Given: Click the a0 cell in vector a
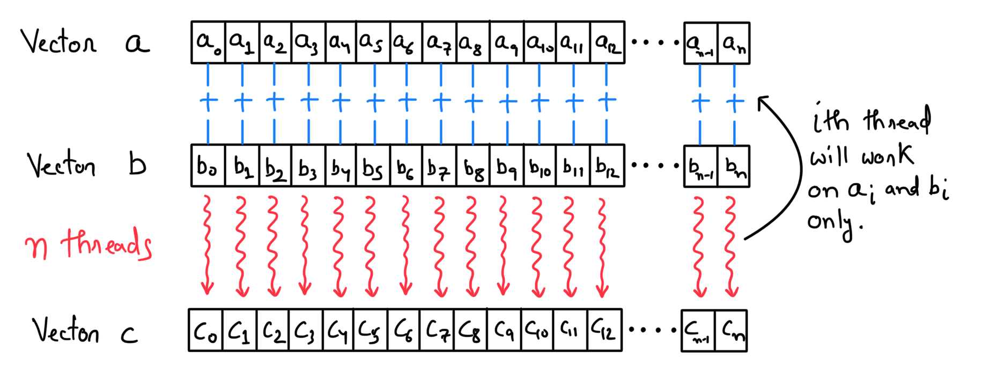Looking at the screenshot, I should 208,42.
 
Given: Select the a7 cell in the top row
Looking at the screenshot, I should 439,42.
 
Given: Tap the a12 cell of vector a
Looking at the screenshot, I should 608,42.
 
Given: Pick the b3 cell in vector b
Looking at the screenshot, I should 308,166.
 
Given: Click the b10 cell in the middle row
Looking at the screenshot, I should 540,166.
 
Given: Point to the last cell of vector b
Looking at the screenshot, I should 734,166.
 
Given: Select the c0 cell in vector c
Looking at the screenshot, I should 205,331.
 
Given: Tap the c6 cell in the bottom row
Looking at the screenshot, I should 404,331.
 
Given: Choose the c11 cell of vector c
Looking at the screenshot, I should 570,331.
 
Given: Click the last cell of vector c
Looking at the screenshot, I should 731,331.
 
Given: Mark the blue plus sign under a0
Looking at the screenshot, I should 209,100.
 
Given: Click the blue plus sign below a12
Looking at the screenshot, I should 607,100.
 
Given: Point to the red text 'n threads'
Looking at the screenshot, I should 88,244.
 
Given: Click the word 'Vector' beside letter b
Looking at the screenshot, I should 62,165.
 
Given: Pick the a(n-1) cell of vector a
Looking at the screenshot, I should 700,43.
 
